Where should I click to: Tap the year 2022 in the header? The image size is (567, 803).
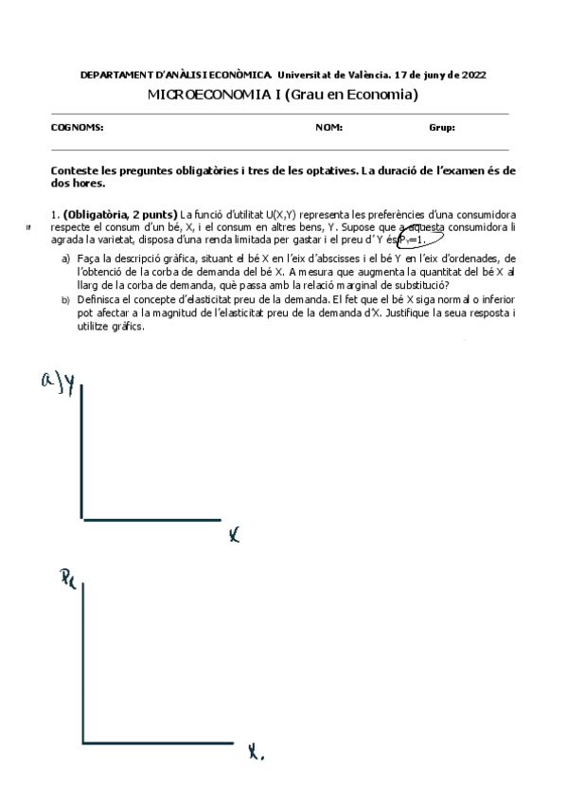(x=471, y=74)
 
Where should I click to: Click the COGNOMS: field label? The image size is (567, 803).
(x=77, y=127)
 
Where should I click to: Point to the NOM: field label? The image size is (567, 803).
(x=328, y=127)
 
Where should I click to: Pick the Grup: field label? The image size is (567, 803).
(x=442, y=127)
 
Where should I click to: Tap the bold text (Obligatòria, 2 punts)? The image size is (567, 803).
(x=120, y=215)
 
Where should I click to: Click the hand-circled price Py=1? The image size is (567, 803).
(x=413, y=241)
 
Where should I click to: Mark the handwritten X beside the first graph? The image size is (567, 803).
(x=234, y=537)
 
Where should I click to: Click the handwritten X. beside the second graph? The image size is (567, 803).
(x=256, y=754)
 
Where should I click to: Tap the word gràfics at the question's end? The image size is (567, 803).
(x=126, y=325)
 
